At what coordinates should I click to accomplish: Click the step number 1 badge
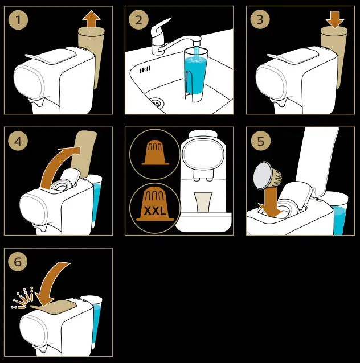click(x=18, y=20)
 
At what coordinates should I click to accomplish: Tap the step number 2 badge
click(x=138, y=20)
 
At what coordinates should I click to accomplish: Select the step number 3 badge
click(x=260, y=19)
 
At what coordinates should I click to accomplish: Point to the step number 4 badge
click(x=18, y=141)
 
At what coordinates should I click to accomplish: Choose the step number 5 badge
click(x=261, y=141)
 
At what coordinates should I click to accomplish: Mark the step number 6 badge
click(x=18, y=262)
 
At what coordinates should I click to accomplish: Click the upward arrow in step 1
click(x=92, y=19)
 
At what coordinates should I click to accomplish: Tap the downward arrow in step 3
click(x=334, y=19)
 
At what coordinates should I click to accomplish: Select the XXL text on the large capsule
click(x=155, y=211)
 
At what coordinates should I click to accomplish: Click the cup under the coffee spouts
click(x=203, y=201)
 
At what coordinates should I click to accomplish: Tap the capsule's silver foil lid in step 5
click(x=263, y=175)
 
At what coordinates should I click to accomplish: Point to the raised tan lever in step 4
click(x=84, y=154)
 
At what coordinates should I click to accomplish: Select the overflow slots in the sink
click(x=145, y=69)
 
